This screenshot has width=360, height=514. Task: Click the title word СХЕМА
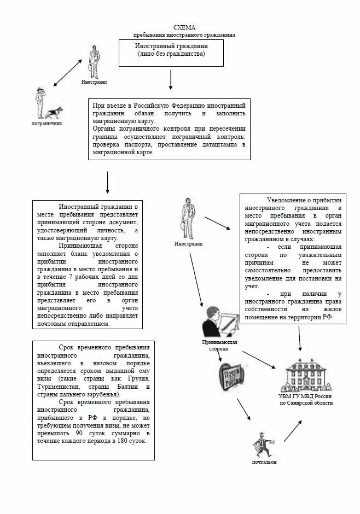click(x=184, y=27)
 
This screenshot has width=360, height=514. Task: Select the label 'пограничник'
click(x=47, y=124)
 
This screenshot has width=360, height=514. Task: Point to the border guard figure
click(x=39, y=103)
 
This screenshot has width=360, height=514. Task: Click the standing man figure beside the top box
click(x=94, y=61)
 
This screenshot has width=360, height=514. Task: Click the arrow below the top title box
click(x=171, y=79)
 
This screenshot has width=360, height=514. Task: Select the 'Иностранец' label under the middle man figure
click(x=189, y=243)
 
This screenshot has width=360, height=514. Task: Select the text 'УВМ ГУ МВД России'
click(x=305, y=396)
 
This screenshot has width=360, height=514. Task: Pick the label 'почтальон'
click(x=264, y=462)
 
